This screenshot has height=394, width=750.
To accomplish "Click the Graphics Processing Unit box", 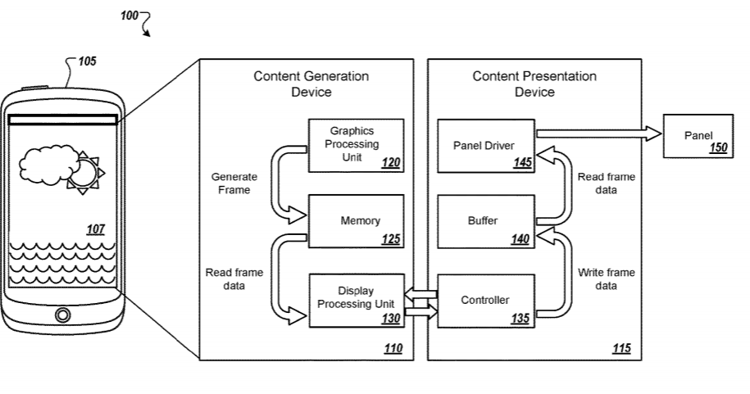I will pyautogui.click(x=357, y=145).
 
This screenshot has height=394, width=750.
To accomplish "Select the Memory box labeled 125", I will pyautogui.click(x=357, y=221).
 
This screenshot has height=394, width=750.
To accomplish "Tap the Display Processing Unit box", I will pyautogui.click(x=357, y=301).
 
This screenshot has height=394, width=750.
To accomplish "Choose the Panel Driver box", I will pyautogui.click(x=485, y=145).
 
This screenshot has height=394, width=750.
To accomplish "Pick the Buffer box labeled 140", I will pyautogui.click(x=485, y=221).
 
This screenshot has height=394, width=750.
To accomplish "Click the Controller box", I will pyautogui.click(x=485, y=301).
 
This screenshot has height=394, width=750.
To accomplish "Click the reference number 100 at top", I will pyautogui.click(x=130, y=16).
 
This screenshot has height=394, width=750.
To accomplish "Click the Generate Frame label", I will pyautogui.click(x=234, y=183).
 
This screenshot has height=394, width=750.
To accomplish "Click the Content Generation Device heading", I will pyautogui.click(x=311, y=84).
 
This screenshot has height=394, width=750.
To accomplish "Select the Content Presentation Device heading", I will pyautogui.click(x=534, y=84).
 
